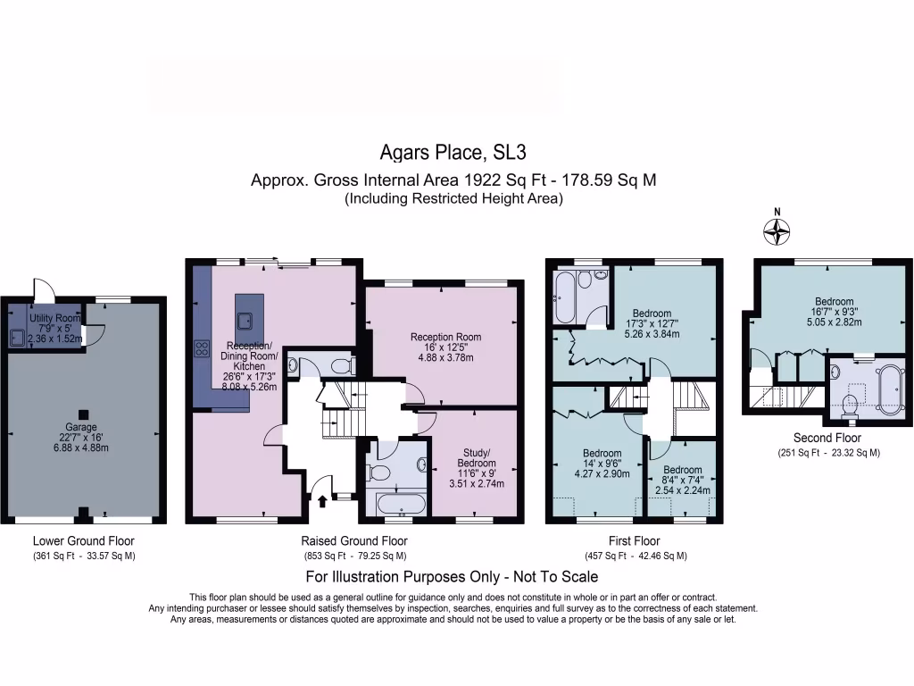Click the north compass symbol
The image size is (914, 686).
777,231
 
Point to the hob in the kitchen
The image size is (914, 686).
201,349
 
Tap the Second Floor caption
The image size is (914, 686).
827,439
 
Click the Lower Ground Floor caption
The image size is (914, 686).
83,540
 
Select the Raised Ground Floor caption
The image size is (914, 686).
354,540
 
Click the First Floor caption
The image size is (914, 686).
635,540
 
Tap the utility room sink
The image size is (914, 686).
17,337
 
